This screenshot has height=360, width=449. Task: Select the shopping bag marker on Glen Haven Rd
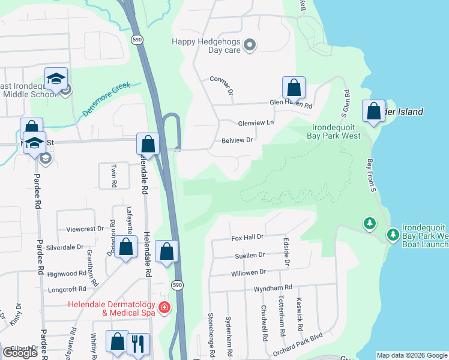pos(294,88)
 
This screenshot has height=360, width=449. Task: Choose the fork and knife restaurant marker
pos(138,343)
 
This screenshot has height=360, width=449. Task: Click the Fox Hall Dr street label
pos(248,238)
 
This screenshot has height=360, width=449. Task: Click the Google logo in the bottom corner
pos(20,352)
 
